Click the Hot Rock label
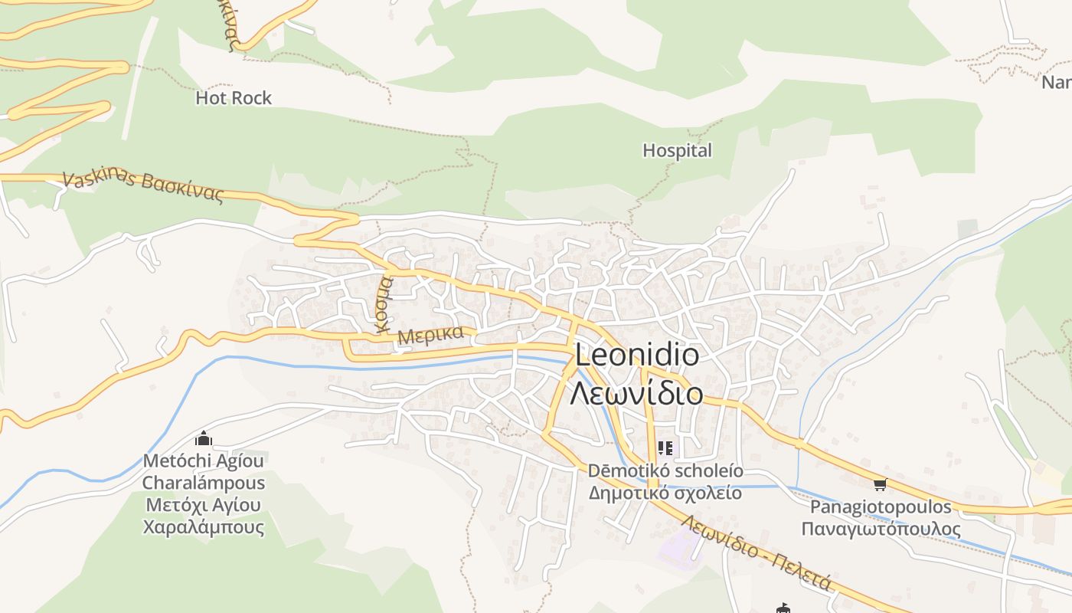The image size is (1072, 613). [234, 98]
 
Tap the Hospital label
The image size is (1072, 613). [677, 150]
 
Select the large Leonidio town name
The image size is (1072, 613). [636, 356]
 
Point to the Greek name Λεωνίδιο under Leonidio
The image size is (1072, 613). [636, 393]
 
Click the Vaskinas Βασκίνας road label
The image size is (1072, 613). [142, 186]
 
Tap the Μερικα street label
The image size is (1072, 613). [431, 335]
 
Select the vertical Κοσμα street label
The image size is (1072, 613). [384, 303]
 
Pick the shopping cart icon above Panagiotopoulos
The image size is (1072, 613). [880, 484]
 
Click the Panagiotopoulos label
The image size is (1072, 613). [881, 507]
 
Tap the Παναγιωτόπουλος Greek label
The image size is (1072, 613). [881, 529]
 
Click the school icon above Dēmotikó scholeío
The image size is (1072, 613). [665, 447]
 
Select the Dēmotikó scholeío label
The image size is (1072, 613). [665, 470]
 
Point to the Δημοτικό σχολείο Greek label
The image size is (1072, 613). [665, 492]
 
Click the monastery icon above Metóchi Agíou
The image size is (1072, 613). [204, 439]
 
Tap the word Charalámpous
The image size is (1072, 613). [204, 484]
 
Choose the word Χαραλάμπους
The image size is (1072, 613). [204, 527]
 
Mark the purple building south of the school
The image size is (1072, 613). [681, 546]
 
